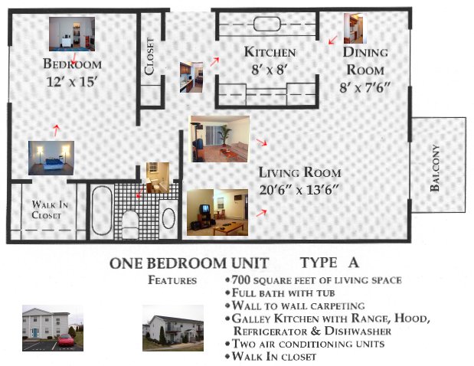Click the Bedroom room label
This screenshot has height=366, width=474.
pos(72,64)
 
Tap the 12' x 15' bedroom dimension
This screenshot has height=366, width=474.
pos(72,82)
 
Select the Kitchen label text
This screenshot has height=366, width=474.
pos(270,52)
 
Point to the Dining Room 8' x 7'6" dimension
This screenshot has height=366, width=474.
pos(364,88)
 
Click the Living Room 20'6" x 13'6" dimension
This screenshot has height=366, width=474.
pos(299,191)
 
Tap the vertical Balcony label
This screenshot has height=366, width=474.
pos(435,168)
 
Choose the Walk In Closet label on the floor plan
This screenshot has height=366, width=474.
pos(50,210)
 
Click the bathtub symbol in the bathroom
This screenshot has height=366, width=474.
pos(102,211)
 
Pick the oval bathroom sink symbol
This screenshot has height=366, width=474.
pos(168,218)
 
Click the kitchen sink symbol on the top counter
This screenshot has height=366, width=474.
pos(267,24)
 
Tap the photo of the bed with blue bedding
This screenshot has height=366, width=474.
pos(51,158)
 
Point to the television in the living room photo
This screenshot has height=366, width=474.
pos(205,208)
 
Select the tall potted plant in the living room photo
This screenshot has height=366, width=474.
pos(225,136)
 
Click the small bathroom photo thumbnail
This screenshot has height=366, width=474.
pos(158,178)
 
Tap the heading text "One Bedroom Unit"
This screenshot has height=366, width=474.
pos(189,263)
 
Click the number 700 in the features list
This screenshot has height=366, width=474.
pos(241,280)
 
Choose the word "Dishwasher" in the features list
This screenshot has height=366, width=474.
pos(358,331)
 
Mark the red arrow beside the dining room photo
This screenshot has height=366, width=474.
pos(333,40)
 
